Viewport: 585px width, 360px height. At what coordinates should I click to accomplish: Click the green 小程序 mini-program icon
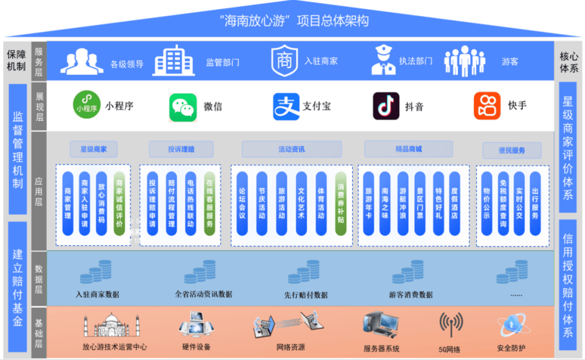pyautogui.click(x=87, y=105)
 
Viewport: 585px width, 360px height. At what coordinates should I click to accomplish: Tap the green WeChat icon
pyautogui.click(x=183, y=107)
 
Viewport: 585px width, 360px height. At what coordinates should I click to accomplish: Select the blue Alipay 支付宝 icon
pyautogui.click(x=286, y=107)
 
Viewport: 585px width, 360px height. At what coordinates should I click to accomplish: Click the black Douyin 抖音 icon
pyautogui.click(x=386, y=106)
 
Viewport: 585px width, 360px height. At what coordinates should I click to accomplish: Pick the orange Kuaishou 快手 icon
pyautogui.click(x=487, y=106)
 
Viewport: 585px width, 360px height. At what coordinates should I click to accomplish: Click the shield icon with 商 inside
pyautogui.click(x=284, y=61)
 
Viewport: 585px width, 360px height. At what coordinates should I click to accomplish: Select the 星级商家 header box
pyautogui.click(x=94, y=149)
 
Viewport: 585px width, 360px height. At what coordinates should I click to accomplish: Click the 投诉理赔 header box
pyautogui.click(x=181, y=149)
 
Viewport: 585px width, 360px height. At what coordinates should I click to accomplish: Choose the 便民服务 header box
pyautogui.click(x=512, y=150)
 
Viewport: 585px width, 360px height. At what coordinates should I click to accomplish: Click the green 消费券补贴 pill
pyautogui.click(x=341, y=204)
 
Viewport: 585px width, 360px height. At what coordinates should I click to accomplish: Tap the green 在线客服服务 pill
pyautogui.click(x=210, y=204)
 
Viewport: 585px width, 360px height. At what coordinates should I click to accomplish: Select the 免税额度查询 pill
pyautogui.click(x=503, y=204)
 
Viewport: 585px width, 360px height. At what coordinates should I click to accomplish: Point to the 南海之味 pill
pyautogui.click(x=385, y=204)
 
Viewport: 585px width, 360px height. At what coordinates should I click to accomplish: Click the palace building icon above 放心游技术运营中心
pyautogui.click(x=112, y=325)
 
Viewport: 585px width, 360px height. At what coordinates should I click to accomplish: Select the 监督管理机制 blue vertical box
pyautogui.click(x=17, y=149)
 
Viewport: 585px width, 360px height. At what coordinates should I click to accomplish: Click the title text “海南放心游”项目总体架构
pyautogui.click(x=294, y=21)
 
